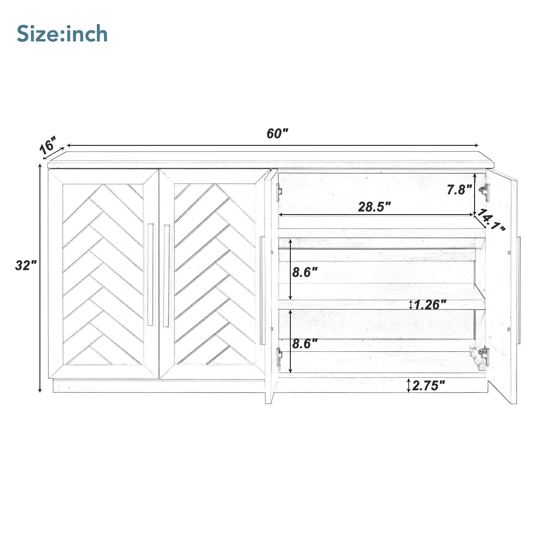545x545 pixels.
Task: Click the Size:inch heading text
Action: (x=62, y=34)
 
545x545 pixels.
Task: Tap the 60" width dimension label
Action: (x=277, y=133)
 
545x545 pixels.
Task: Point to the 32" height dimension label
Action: (x=26, y=265)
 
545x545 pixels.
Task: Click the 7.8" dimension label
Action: (x=460, y=190)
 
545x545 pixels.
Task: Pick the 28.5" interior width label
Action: (x=374, y=207)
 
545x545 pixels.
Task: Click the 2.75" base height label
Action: (x=428, y=386)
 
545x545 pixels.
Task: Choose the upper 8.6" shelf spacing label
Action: (x=305, y=272)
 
